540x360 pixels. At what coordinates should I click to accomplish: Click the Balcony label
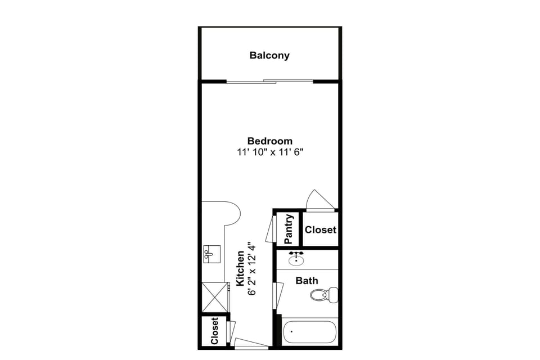(269, 55)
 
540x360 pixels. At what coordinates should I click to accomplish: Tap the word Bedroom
(269, 141)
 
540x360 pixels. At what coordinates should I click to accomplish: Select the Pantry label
(289, 229)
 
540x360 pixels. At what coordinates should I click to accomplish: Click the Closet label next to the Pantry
(320, 229)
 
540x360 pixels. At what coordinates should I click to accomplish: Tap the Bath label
(307, 280)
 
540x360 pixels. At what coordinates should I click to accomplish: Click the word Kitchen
(240, 268)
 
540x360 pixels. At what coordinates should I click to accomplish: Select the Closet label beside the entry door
(214, 331)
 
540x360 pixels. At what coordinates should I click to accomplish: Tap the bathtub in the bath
(309, 332)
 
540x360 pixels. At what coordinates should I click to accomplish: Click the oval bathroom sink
(296, 259)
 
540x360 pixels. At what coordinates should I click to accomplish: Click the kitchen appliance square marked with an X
(214, 296)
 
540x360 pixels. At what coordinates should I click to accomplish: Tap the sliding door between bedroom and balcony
(269, 82)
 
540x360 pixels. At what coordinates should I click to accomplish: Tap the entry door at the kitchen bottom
(251, 343)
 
